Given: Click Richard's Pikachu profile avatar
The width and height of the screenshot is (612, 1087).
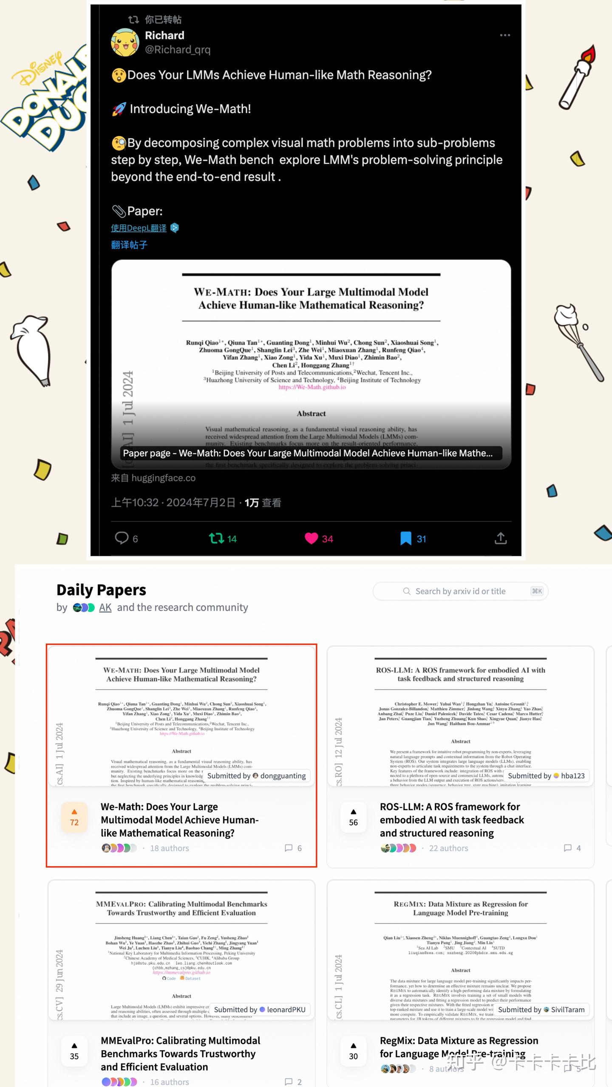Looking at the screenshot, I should coord(125,42).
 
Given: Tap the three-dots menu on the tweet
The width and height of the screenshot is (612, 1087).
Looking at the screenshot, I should coord(504,35).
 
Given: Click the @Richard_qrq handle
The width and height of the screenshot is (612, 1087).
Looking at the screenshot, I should coord(178,50).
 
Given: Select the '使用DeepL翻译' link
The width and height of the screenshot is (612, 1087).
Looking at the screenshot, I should coord(139,228).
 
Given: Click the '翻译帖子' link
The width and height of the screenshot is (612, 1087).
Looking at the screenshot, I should coord(129,245).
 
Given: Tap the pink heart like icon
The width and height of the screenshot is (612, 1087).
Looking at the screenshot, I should coord(312,538).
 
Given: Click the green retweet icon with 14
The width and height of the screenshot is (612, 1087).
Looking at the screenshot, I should coord(217,538).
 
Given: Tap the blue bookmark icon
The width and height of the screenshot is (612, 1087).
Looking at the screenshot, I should coord(406,538).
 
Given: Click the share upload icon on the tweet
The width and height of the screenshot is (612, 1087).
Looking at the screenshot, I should coord(501,538).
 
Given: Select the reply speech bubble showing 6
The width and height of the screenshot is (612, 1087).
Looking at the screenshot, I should coord(122,538).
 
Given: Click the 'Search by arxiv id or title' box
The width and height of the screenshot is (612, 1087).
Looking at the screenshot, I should coord(460,591).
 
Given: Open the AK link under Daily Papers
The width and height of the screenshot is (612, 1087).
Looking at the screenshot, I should coord(105,608).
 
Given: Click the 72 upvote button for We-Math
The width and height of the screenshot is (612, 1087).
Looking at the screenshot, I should coord(74,817).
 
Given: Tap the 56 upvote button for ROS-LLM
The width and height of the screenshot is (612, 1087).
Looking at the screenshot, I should coord(354,817).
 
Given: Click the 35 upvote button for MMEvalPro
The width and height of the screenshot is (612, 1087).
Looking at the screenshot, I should coord(74,1051).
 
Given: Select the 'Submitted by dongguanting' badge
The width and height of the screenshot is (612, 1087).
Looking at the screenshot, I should coord(256,776).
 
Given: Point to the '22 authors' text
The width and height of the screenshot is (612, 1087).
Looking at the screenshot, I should coord(448,848).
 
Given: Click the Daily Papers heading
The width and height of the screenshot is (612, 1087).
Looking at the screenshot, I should coord(101,590).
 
